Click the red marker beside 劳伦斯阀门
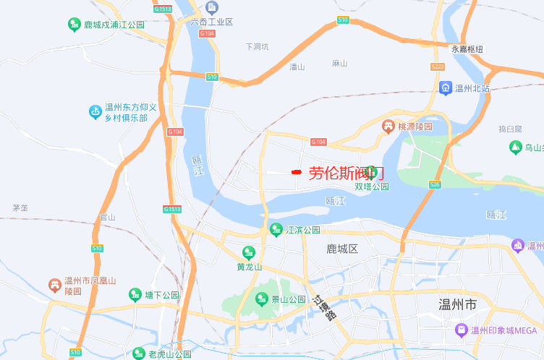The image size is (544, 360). pos(296,172)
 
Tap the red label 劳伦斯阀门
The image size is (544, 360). pos(347,173)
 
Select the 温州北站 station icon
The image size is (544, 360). pos(445,88)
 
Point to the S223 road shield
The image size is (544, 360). pos(436,67)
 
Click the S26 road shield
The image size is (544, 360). pos(434,184)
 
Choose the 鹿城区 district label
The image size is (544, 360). pos(342,249)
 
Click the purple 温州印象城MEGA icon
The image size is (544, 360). pos(462,330)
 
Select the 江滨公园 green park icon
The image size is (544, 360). pos(276,230)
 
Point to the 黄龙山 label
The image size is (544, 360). pos(249,267)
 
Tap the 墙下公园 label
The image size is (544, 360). pos(162,295)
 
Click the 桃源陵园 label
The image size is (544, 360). pos(415,127)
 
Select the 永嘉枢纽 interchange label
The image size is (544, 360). pos(467,49)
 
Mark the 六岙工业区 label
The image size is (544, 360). pos(211,22)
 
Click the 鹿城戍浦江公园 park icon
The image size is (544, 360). pos(75,25)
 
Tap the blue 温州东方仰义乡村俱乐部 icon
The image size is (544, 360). pos(95,111)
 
